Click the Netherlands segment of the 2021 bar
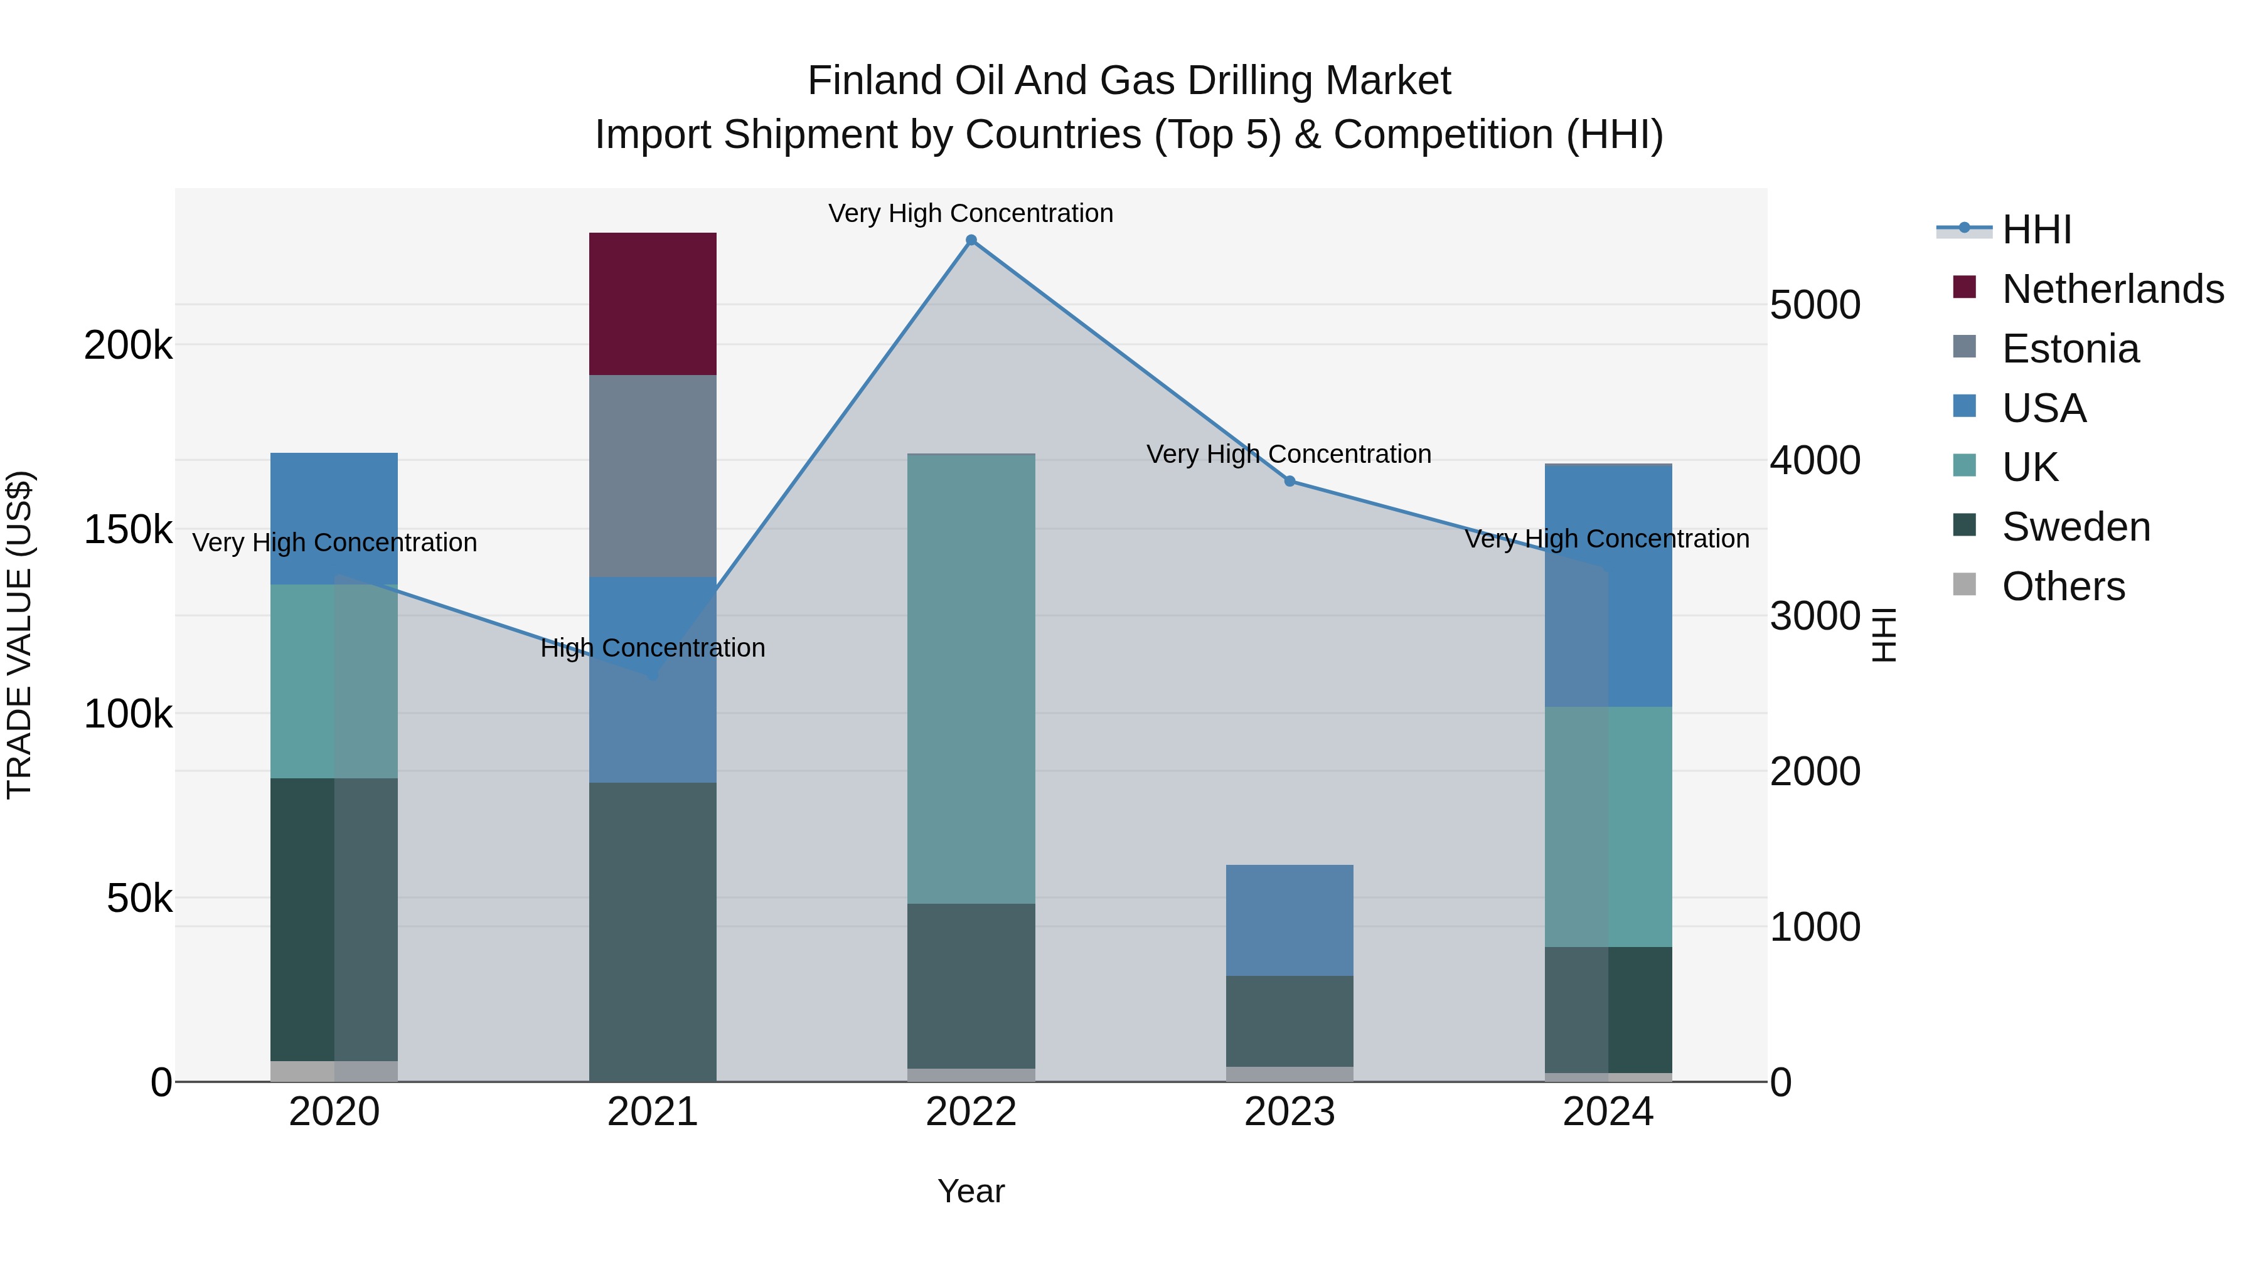(653, 304)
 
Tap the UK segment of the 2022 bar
(971, 679)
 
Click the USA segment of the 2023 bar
(1289, 920)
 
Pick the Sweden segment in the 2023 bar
(1289, 1020)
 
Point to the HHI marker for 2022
(971, 240)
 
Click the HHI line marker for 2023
(1289, 481)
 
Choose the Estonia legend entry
(2069, 349)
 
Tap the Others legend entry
(2063, 586)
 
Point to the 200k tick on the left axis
(128, 346)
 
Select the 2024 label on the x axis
(1608, 1112)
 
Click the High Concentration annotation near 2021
(653, 648)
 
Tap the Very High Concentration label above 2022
(971, 213)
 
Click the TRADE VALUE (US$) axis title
(19, 635)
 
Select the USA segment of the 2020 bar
(333, 518)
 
